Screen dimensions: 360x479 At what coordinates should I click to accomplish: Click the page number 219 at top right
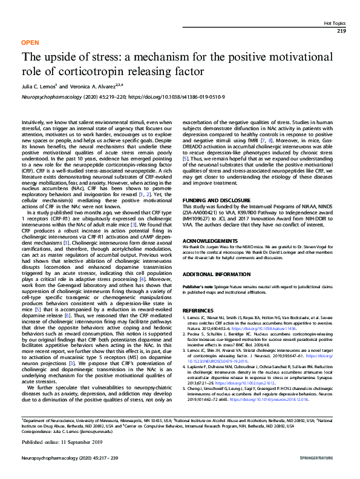pos(341,30)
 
